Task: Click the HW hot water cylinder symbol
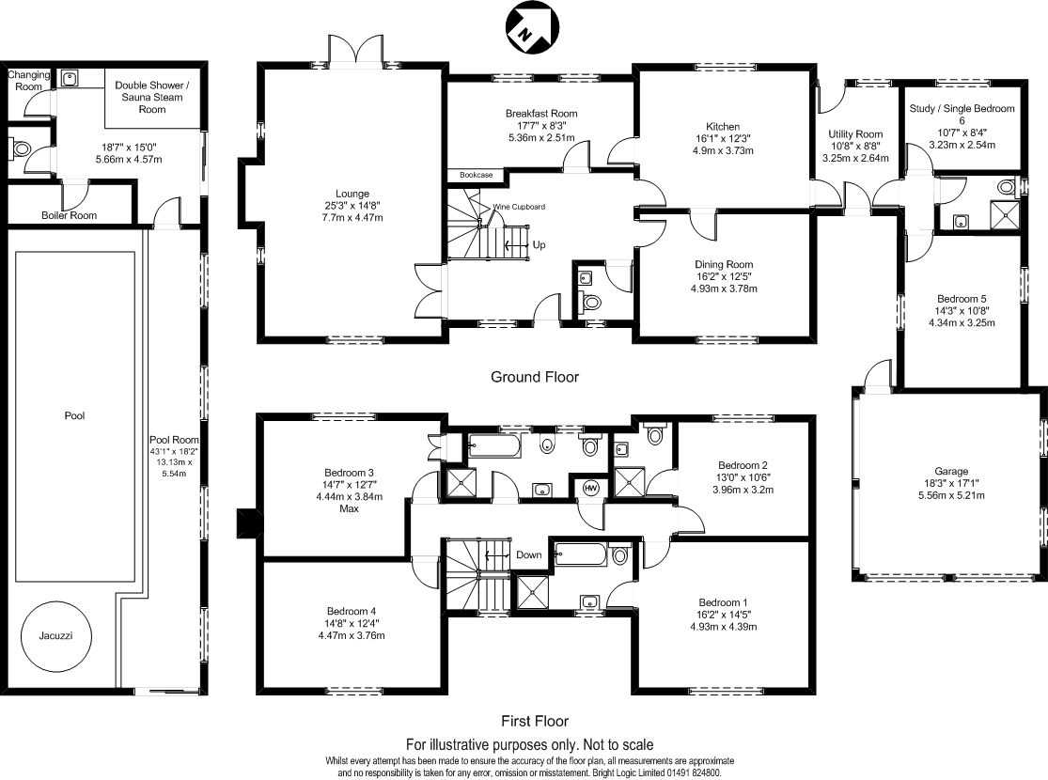click(591, 488)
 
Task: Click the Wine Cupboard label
click(519, 206)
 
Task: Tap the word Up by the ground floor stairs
click(540, 244)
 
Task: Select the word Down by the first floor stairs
click(529, 554)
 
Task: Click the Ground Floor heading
click(535, 377)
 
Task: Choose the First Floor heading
click(535, 722)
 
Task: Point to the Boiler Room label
click(69, 215)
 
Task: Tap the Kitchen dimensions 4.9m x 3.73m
click(723, 150)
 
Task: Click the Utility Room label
click(855, 134)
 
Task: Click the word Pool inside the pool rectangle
click(75, 415)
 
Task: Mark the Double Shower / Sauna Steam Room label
click(152, 97)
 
